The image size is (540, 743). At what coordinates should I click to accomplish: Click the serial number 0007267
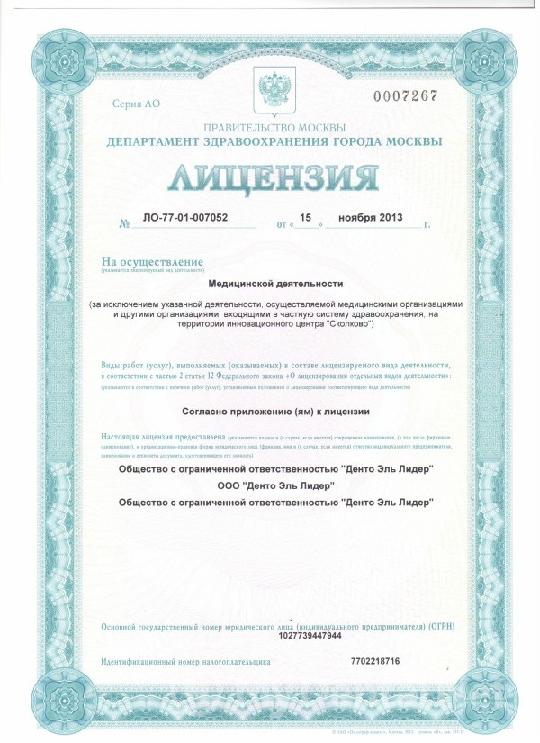click(412, 95)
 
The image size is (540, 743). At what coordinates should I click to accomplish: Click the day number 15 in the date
click(305, 217)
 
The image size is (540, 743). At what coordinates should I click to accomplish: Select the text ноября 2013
click(372, 217)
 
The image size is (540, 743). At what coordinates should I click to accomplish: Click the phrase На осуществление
click(146, 261)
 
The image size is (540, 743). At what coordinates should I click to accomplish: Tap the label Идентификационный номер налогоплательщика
click(186, 662)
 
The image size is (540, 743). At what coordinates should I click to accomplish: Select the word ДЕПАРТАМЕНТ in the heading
click(149, 142)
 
